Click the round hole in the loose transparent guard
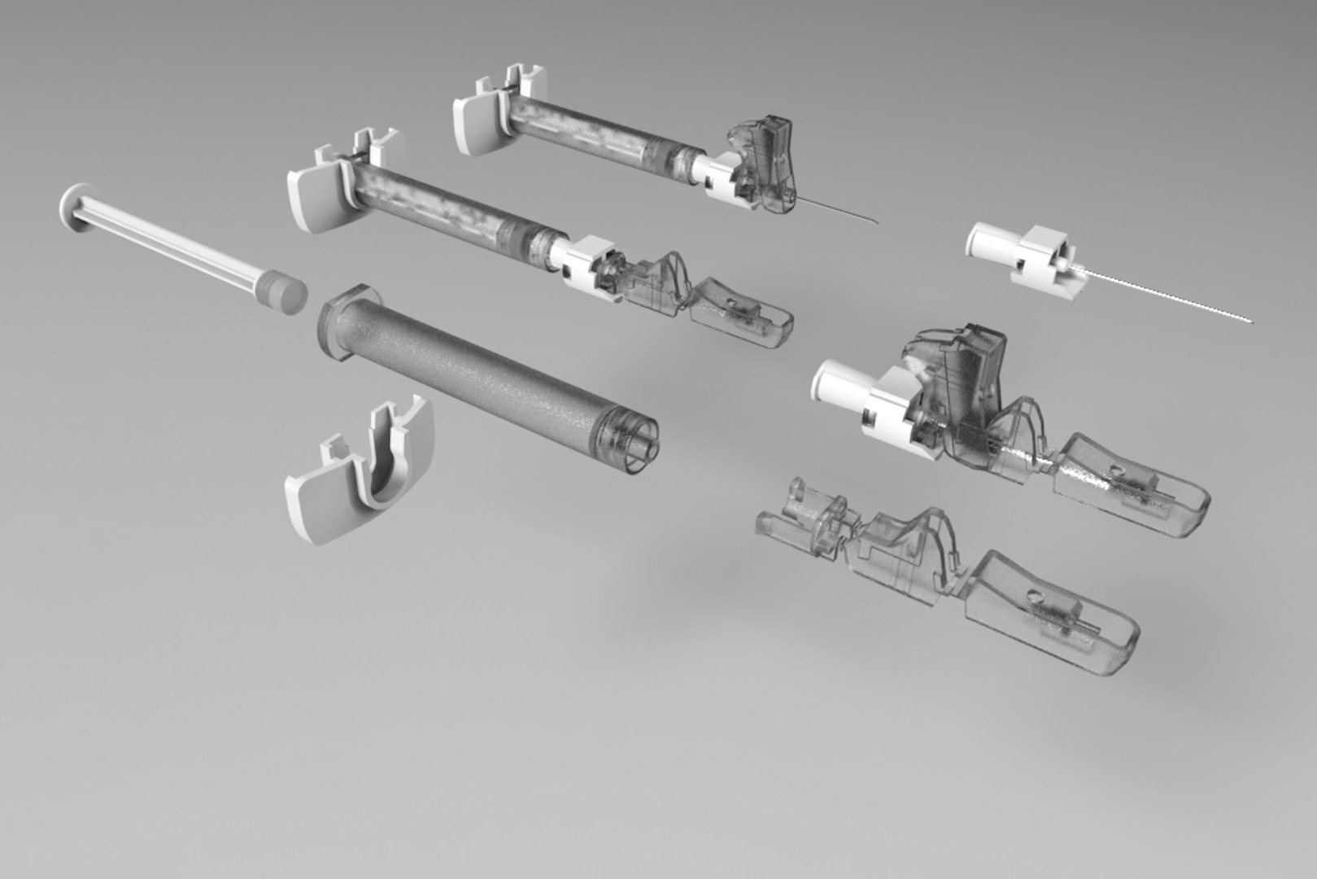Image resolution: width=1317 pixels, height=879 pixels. point(1035,597)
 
